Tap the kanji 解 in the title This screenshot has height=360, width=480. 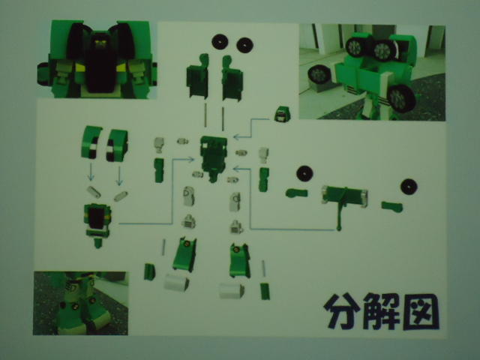click(x=381, y=311)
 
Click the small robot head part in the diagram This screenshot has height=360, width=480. click(x=282, y=114)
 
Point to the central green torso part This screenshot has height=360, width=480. click(x=214, y=158)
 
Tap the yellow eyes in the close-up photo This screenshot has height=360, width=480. click(x=99, y=43)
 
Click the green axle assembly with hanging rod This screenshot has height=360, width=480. click(x=344, y=202)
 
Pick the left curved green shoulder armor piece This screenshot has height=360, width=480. click(x=91, y=142)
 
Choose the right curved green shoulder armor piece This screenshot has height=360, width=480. click(x=117, y=145)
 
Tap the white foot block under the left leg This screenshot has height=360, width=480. click(x=176, y=282)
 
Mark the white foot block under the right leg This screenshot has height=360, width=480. click(x=232, y=290)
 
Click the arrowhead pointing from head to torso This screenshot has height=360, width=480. click(x=235, y=136)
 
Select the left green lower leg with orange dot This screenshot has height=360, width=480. click(x=184, y=254)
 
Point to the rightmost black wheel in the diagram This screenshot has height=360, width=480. click(x=409, y=187)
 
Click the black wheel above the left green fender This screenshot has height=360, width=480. click(x=304, y=174)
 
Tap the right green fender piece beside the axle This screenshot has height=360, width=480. click(x=392, y=206)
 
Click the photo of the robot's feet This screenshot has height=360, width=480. click(x=80, y=303)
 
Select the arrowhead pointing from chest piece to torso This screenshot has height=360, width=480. click(x=191, y=159)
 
